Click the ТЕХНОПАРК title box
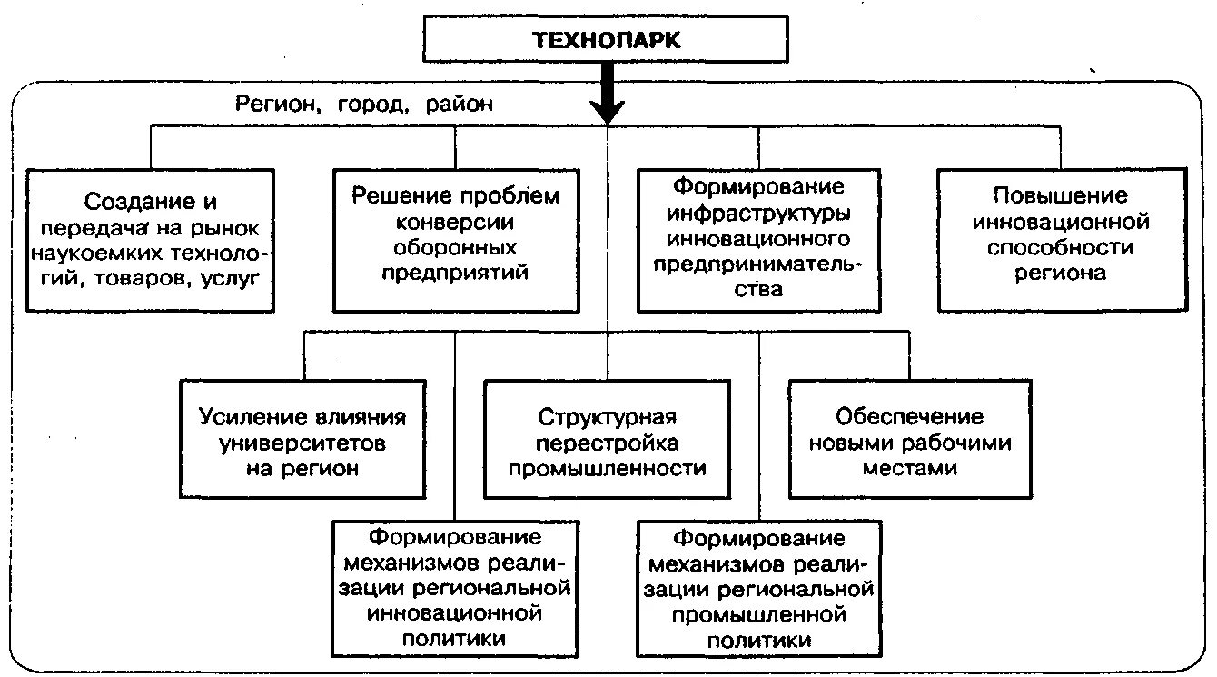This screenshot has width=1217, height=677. pyautogui.click(x=607, y=40)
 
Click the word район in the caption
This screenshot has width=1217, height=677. pyautogui.click(x=458, y=104)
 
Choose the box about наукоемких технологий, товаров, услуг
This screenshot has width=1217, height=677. pyautogui.click(x=150, y=240)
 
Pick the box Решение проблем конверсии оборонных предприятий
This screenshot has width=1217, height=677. pyautogui.click(x=455, y=240)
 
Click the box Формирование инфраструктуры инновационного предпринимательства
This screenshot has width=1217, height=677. pyautogui.click(x=758, y=240)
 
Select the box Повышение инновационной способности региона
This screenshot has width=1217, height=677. pyautogui.click(x=1061, y=240)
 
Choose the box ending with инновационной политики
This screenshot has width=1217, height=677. pyautogui.click(x=455, y=587)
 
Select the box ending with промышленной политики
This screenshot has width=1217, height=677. pyautogui.click(x=758, y=587)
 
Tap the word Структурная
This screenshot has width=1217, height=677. pyautogui.click(x=607, y=417)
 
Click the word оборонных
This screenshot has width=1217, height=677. pyautogui.click(x=455, y=247)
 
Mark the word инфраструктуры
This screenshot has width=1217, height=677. pyautogui.click(x=758, y=216)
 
